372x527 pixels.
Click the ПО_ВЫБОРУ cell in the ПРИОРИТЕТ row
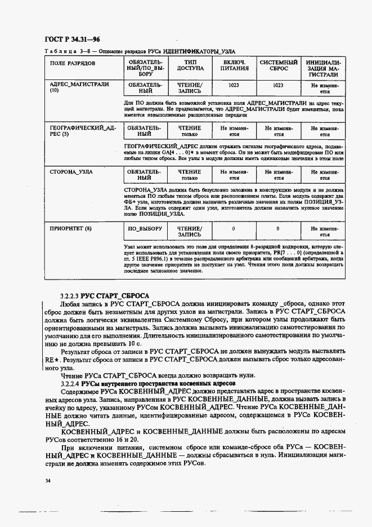tap(145, 229)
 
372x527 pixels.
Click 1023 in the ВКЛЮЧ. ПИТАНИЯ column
tap(234, 85)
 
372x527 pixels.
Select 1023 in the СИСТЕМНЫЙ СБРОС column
tap(278, 85)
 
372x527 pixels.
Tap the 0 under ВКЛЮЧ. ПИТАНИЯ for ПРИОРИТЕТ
tap(234, 229)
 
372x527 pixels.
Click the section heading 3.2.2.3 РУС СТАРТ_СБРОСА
tap(105, 295)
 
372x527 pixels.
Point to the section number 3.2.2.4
tap(69, 383)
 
